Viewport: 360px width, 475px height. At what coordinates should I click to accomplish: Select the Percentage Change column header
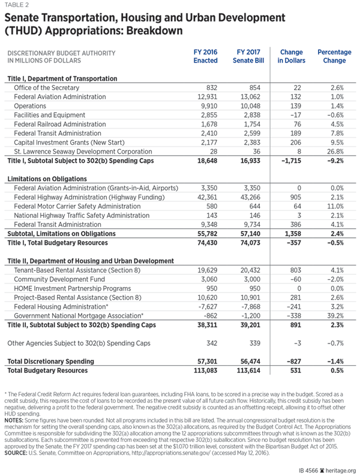coord(334,56)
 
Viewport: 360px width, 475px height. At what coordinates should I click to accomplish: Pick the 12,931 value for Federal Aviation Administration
coord(206,97)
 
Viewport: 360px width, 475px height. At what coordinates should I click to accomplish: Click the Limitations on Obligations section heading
coord(46,179)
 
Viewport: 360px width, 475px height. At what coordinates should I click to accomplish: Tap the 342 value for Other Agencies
coord(209,343)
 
